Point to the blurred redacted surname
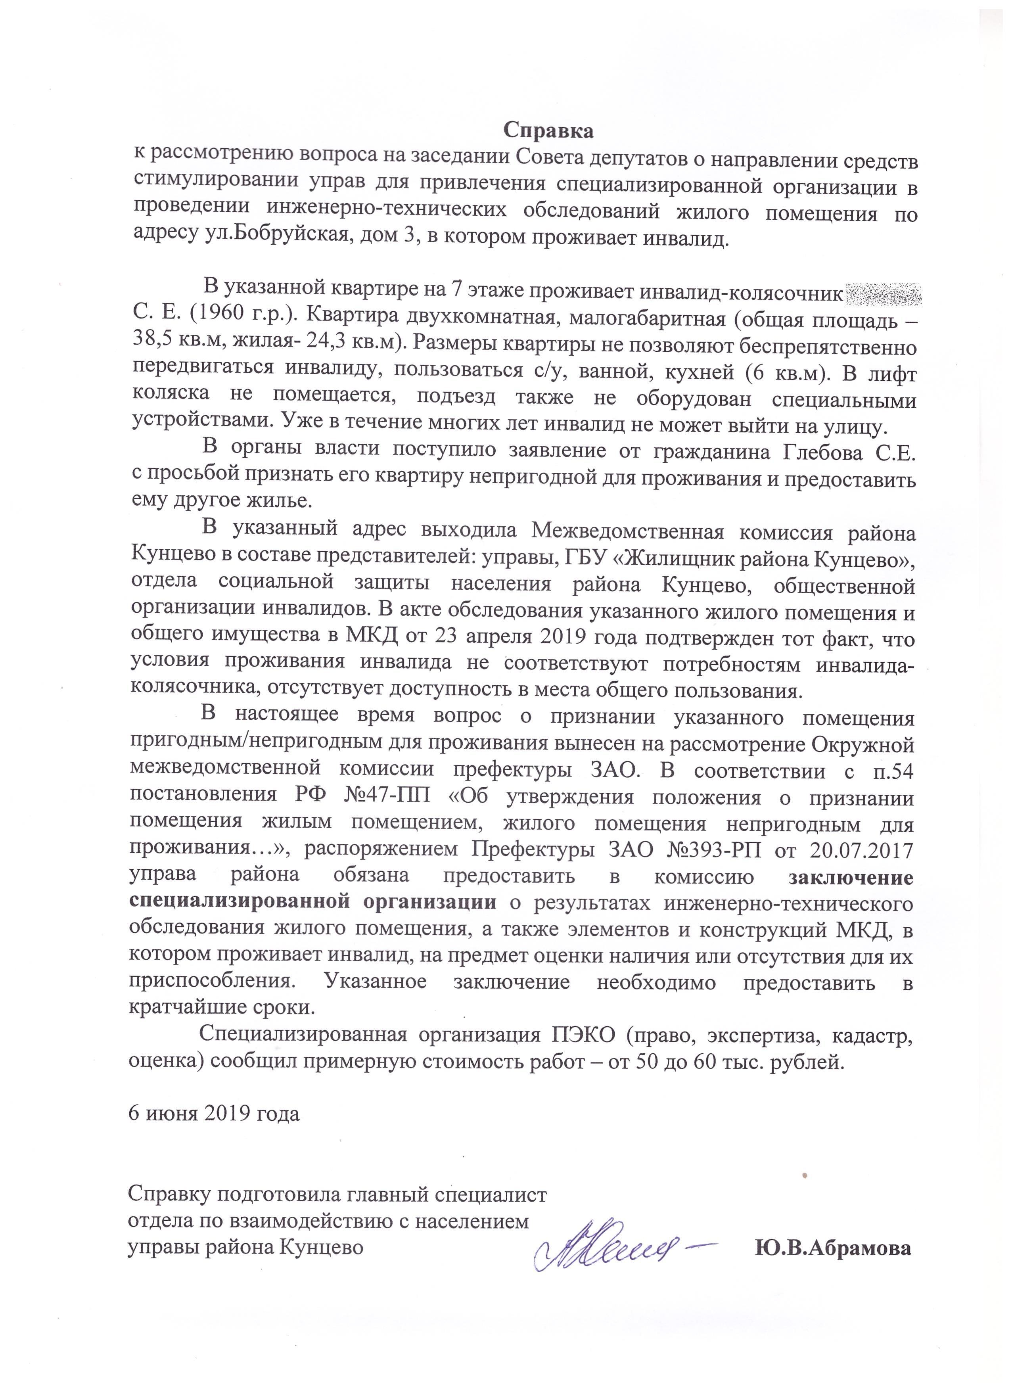click(884, 294)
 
